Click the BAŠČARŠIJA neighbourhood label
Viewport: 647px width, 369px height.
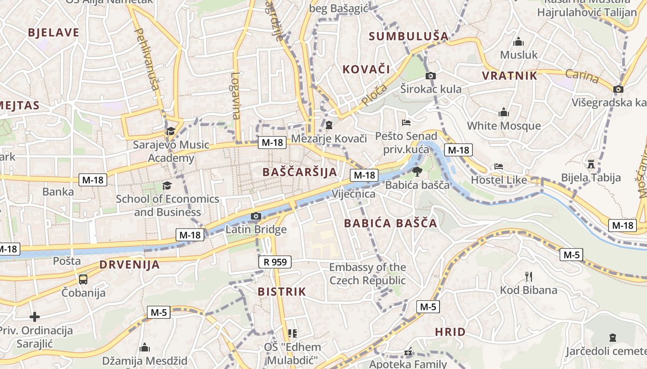[x=299, y=172]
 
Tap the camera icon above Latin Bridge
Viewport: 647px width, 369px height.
[x=256, y=216]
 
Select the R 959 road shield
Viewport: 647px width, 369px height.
[x=275, y=262]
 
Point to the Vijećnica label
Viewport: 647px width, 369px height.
[x=354, y=194]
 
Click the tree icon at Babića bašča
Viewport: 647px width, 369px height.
[x=417, y=172]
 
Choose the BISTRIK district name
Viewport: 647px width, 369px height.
[x=282, y=292]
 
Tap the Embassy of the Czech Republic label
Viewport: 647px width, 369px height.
[x=367, y=274]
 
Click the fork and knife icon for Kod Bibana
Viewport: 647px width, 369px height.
[x=529, y=277]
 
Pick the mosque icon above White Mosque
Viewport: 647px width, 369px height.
[x=504, y=112]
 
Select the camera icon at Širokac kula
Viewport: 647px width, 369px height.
[x=431, y=76]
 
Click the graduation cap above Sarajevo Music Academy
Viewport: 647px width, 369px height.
[x=171, y=131]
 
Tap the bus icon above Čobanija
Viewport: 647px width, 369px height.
[x=83, y=279]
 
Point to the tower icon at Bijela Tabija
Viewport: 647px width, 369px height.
[x=591, y=164]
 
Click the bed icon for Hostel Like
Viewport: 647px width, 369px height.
[x=498, y=167]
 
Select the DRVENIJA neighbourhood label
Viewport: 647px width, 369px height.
[x=129, y=265]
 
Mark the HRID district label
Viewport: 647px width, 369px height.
[x=450, y=332]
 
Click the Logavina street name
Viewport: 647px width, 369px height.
[x=236, y=96]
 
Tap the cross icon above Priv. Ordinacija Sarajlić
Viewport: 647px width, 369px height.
[x=35, y=317]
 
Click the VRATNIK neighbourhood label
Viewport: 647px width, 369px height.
[x=510, y=76]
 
